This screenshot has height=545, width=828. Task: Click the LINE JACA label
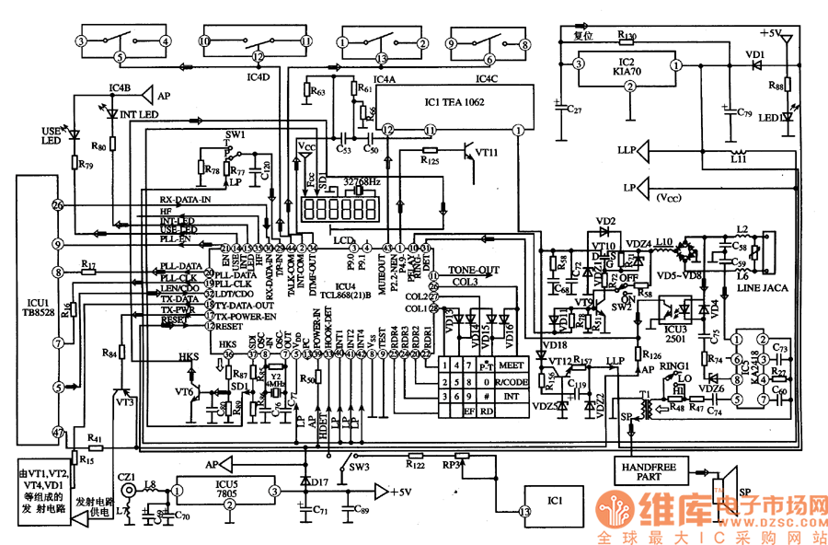click(758, 288)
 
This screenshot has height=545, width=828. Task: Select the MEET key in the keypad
click(512, 365)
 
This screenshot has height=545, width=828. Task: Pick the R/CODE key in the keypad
click(512, 380)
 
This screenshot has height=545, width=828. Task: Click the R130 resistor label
click(627, 37)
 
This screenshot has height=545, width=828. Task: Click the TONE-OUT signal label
click(474, 270)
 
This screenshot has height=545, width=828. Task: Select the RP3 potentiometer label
click(451, 466)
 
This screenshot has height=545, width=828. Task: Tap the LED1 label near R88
click(769, 118)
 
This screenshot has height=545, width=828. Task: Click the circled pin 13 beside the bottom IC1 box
click(524, 512)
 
